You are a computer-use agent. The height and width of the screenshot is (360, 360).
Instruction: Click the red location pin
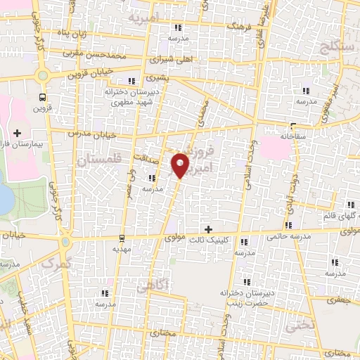click(181, 165)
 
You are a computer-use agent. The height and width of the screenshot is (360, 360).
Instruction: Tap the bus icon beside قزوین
click(44, 97)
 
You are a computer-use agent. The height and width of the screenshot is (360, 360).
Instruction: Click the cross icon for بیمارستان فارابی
click(17, 131)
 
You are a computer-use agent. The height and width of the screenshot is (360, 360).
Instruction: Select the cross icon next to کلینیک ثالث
click(208, 229)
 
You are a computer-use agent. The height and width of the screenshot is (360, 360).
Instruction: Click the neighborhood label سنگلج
click(338, 47)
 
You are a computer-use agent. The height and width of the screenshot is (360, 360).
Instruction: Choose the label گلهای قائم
click(337, 215)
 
